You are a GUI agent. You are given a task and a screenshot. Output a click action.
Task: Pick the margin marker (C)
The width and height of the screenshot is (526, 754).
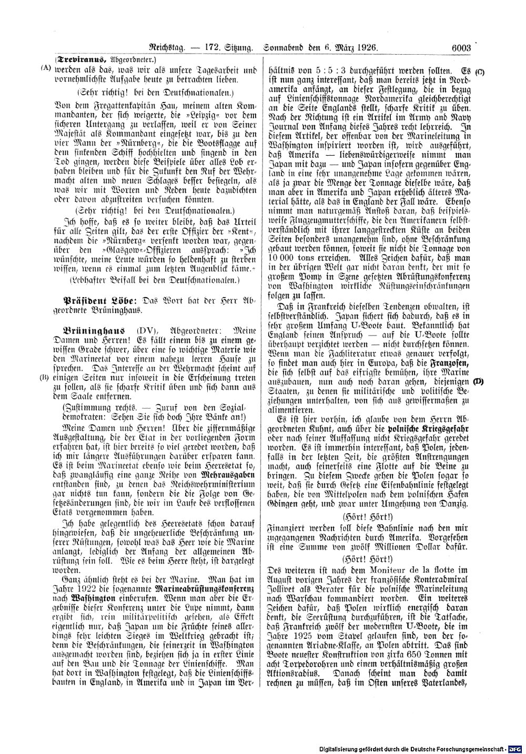(x=479, y=70)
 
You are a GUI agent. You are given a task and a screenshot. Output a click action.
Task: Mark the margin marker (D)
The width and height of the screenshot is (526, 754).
(x=479, y=381)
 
